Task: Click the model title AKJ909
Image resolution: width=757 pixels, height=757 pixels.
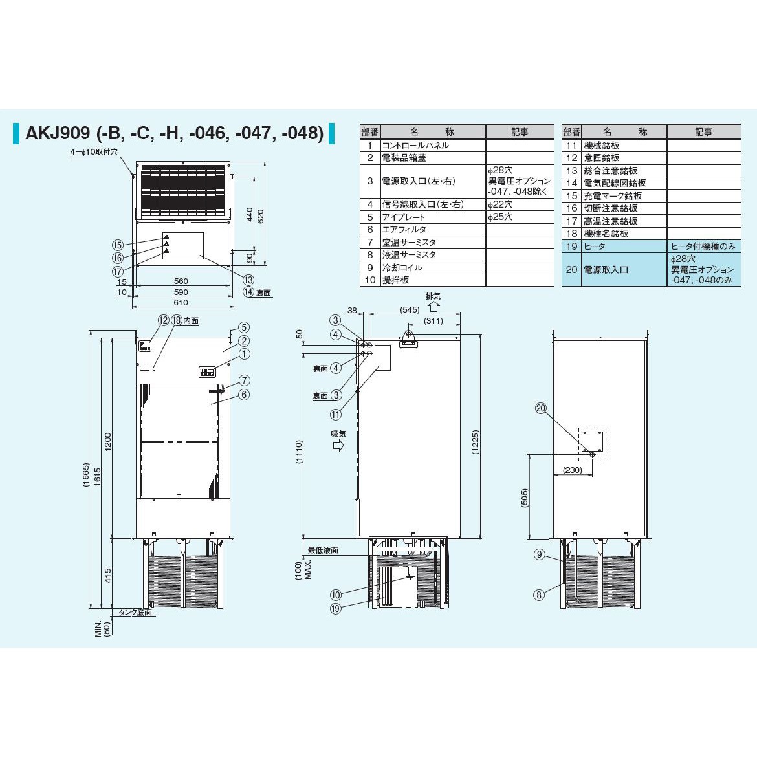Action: point(58,133)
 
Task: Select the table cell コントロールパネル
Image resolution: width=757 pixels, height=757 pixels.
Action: point(415,146)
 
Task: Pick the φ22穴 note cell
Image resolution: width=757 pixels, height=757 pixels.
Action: point(500,204)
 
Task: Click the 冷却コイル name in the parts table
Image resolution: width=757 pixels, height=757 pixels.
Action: point(402,267)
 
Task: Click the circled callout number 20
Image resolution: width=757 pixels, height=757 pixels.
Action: point(541,408)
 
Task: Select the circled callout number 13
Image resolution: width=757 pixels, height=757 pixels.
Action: point(248,280)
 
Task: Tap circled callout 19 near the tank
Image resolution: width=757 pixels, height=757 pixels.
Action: point(336,609)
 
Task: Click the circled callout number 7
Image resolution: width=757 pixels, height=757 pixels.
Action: point(245,380)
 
